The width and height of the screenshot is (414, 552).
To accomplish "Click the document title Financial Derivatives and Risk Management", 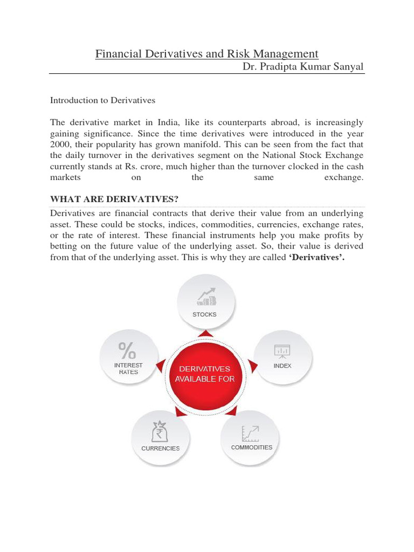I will point(207,54).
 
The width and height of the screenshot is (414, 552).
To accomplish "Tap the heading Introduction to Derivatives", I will point(102,100).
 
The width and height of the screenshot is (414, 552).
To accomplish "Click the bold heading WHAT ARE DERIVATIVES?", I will point(114,199).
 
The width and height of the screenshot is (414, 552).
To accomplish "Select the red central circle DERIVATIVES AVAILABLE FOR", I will point(204,374).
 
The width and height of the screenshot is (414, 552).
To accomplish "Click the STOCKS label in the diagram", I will point(204,314).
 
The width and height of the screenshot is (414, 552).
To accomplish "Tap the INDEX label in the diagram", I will point(282,365).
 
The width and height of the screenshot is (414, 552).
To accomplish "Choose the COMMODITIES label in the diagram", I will point(252,447).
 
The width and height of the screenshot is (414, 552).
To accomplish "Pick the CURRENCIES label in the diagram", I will point(161,448).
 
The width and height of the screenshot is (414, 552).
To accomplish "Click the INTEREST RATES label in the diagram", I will point(128,369).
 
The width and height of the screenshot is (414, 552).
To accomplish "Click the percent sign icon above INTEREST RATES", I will point(128,350).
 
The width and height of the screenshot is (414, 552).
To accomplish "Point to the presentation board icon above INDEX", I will point(282,350).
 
